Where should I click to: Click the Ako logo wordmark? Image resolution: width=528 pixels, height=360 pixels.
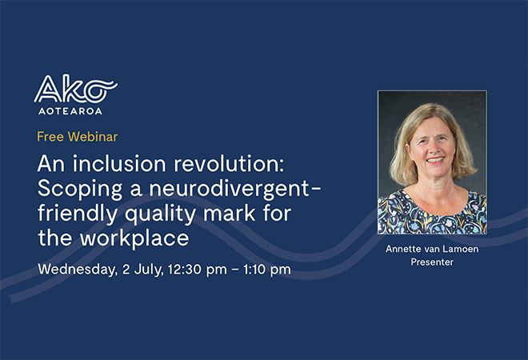coord(75,88)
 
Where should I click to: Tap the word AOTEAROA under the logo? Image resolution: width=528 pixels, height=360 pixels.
coord(68,110)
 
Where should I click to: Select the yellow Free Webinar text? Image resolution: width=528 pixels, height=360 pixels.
coord(77,136)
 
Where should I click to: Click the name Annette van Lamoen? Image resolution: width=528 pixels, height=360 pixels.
coord(431,248)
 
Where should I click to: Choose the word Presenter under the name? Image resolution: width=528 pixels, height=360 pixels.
coord(431,262)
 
